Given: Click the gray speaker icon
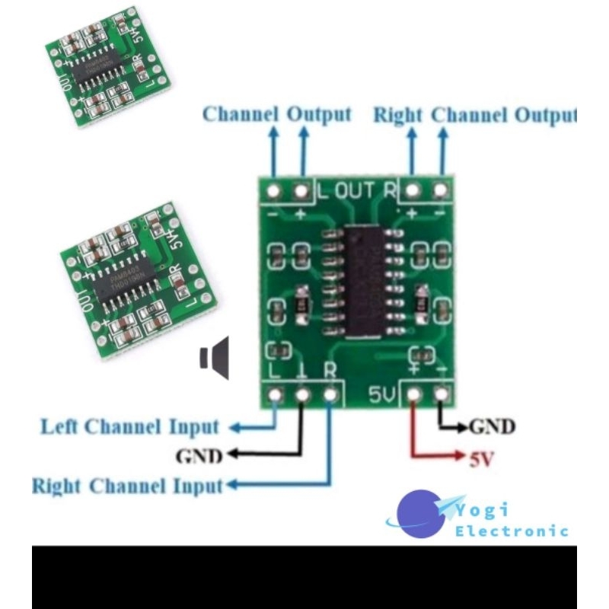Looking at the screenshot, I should (x=215, y=359).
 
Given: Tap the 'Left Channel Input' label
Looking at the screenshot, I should (x=129, y=427).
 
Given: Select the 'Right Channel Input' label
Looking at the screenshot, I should (x=127, y=486).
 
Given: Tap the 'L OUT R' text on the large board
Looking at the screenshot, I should (x=356, y=190).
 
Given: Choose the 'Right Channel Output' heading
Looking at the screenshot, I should (x=474, y=115).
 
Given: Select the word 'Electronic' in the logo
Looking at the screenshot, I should (x=512, y=531).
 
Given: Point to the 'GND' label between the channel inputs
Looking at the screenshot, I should (x=199, y=456).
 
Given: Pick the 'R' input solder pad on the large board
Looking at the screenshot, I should (x=330, y=395).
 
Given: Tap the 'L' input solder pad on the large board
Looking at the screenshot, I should (x=275, y=395).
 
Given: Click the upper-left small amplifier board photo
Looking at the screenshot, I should (x=107, y=69).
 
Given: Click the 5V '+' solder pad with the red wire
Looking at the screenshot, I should (x=413, y=395).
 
